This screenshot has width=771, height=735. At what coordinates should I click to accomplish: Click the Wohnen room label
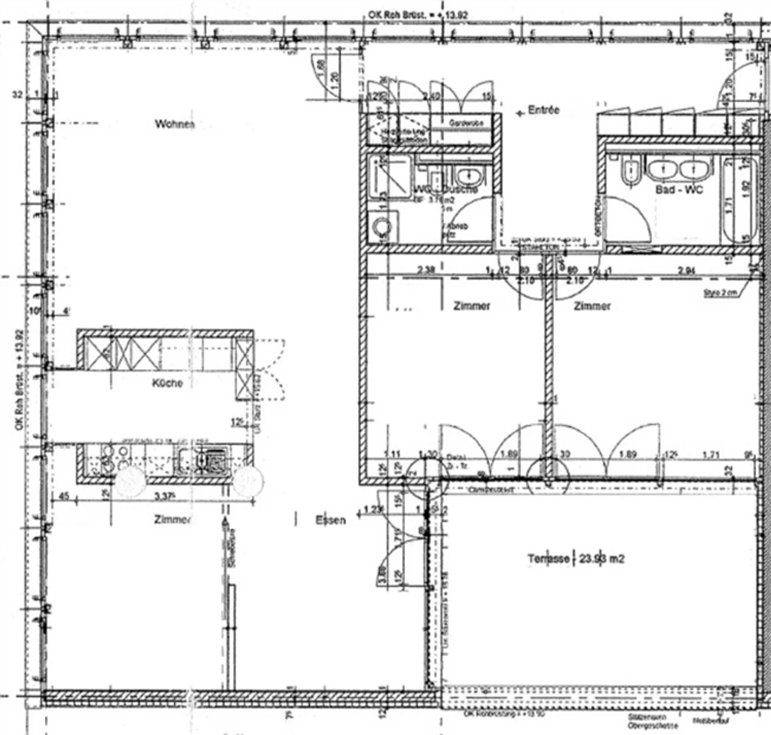click(x=175, y=124)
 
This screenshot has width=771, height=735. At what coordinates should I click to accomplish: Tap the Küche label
click(x=168, y=383)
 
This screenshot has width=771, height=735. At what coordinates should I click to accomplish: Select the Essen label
click(x=330, y=520)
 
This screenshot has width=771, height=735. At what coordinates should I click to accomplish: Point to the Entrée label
click(x=543, y=110)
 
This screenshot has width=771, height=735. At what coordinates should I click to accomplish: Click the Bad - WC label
click(x=679, y=190)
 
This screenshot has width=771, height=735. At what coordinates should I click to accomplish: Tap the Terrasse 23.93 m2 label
click(x=576, y=559)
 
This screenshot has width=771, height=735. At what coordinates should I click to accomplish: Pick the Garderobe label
click(x=466, y=123)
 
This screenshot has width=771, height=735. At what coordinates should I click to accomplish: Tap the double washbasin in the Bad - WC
click(x=679, y=169)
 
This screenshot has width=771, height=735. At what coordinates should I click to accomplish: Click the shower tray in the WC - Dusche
click(x=389, y=177)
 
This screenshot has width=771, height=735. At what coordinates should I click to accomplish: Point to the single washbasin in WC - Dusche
click(x=470, y=175)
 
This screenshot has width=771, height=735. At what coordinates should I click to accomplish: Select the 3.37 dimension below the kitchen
click(x=165, y=497)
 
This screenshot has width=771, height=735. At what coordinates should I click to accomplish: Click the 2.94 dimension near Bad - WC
click(x=687, y=271)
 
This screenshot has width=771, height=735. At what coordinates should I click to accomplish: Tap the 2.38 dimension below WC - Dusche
click(x=426, y=269)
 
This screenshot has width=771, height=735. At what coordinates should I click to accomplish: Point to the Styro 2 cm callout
click(x=720, y=292)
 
